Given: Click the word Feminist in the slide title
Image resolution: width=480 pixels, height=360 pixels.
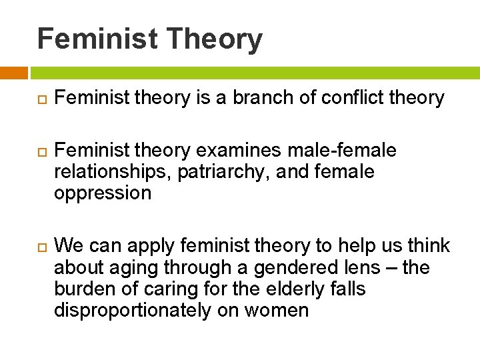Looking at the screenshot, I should click(x=97, y=39).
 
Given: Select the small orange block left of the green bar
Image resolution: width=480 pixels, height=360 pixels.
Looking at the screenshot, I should click(x=13, y=73).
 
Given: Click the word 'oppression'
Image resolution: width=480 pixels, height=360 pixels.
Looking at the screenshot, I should click(x=103, y=193).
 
